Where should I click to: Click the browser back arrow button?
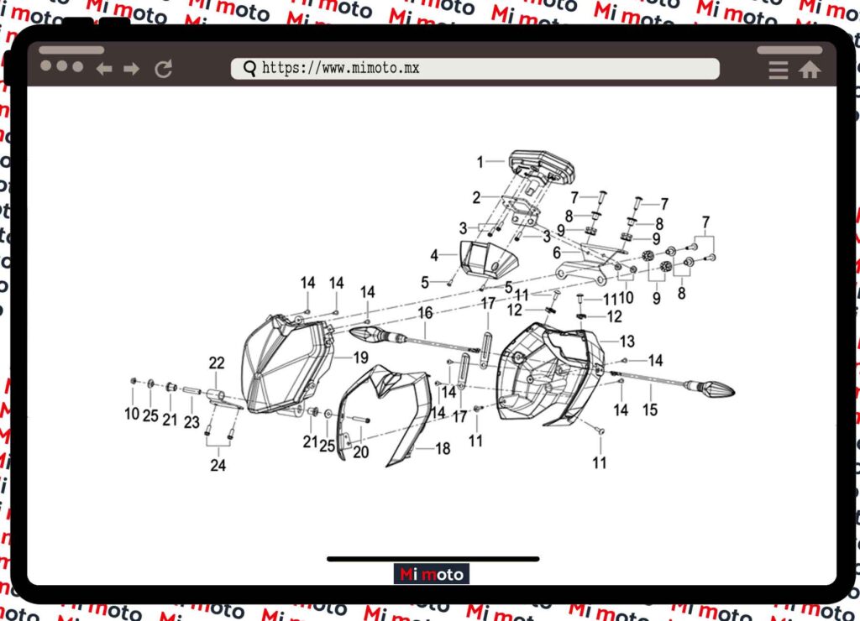click(104, 69)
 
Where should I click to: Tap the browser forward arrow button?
click(131, 69)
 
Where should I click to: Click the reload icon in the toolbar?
click(164, 69)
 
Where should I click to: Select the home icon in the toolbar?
click(810, 70)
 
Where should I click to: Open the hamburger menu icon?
click(779, 70)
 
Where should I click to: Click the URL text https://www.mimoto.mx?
click(341, 69)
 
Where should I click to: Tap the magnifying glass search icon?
click(249, 69)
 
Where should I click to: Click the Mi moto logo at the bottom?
click(431, 574)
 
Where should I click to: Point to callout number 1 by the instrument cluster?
click(480, 162)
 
